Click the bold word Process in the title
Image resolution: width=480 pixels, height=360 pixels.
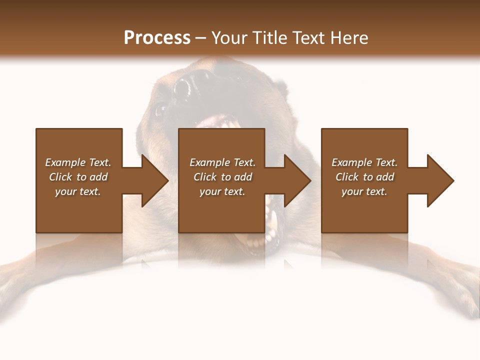(x=157, y=37)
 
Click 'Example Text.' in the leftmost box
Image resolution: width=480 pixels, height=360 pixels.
(x=78, y=162)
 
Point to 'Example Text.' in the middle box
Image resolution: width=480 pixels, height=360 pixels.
(x=222, y=162)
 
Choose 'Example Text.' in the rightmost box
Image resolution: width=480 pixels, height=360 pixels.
(x=364, y=162)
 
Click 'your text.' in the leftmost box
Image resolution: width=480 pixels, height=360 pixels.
(x=78, y=191)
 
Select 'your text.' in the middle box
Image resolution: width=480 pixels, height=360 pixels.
(x=222, y=191)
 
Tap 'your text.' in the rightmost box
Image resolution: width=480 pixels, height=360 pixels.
(x=364, y=191)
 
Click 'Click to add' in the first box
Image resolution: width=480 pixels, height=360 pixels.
(x=78, y=177)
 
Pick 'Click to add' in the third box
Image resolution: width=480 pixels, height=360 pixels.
(x=364, y=177)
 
